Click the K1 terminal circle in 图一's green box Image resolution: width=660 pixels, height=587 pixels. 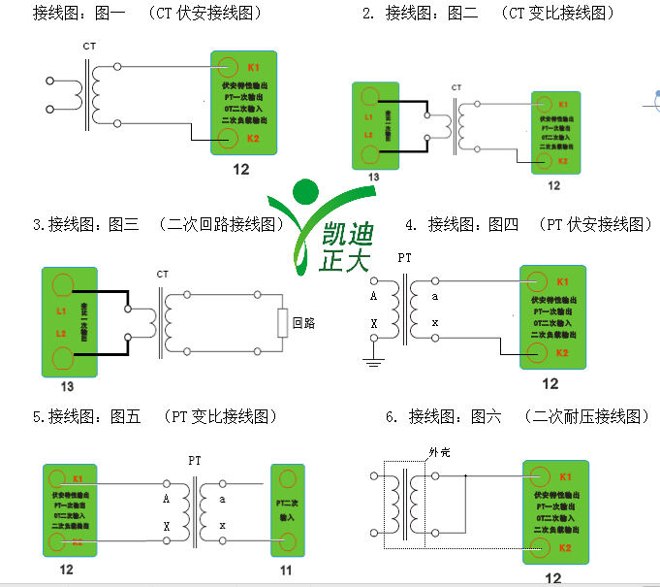click(227, 67)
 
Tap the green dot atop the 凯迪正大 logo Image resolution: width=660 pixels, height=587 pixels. click(306, 191)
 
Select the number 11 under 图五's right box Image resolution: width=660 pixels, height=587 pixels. click(286, 571)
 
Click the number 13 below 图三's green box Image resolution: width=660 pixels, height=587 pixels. click(67, 385)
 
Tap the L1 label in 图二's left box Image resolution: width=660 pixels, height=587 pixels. click(368, 117)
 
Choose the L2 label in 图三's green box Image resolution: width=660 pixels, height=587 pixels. click(61, 334)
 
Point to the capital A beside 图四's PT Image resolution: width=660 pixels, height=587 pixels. click(373, 297)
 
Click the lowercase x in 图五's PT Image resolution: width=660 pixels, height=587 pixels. click(223, 526)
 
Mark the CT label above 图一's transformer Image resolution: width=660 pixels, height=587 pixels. click(89, 46)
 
